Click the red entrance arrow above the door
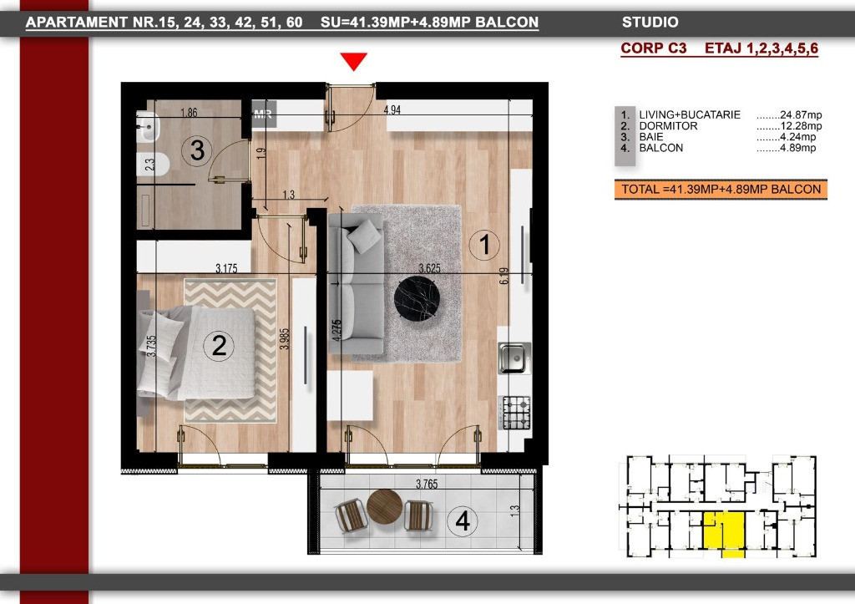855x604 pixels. tap(353, 60)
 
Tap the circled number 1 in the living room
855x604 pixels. tap(484, 244)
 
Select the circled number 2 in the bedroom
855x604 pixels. tap(219, 345)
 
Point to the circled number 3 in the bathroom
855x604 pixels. tap(197, 150)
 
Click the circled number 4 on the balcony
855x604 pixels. tap(463, 520)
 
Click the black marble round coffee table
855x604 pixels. tap(417, 300)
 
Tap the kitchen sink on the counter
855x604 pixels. tap(514, 358)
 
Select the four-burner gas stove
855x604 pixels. tap(514, 412)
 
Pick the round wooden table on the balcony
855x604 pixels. tap(384, 507)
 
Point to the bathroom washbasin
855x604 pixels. tap(147, 127)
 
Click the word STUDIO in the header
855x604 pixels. tap(650, 23)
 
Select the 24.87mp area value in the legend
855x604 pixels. tap(801, 114)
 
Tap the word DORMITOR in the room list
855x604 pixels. tap(668, 126)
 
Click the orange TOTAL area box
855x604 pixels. tap(721, 190)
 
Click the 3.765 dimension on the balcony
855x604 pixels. tap(427, 484)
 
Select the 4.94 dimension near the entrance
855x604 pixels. tap(392, 109)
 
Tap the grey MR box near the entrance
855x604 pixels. tap(263, 114)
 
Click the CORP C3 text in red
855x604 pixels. tap(653, 48)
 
